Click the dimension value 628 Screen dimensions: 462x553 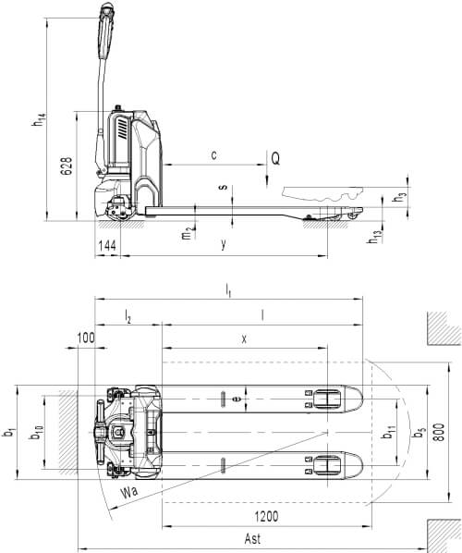click(x=67, y=166)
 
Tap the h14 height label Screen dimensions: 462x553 click(x=39, y=119)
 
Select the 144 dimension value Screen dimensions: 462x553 click(x=107, y=245)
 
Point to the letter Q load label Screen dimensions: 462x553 click(x=275, y=158)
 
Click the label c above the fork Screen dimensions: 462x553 click(x=213, y=154)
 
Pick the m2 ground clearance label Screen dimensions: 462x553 click(x=187, y=233)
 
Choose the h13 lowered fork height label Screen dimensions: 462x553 click(x=375, y=237)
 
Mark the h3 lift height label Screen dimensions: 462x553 click(x=400, y=198)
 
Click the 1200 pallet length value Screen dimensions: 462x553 click(x=266, y=517)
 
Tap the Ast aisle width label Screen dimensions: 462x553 click(x=252, y=538)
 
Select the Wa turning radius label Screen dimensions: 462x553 click(x=129, y=492)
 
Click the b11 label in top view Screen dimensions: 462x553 click(x=389, y=433)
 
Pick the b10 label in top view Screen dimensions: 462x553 click(x=36, y=433)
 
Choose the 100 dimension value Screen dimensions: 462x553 click(x=86, y=338)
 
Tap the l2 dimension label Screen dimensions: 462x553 click(x=128, y=317)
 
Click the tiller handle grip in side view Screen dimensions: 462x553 click(x=106, y=31)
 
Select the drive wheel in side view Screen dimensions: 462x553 click(x=120, y=210)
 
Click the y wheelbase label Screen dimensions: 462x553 click(x=223, y=244)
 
